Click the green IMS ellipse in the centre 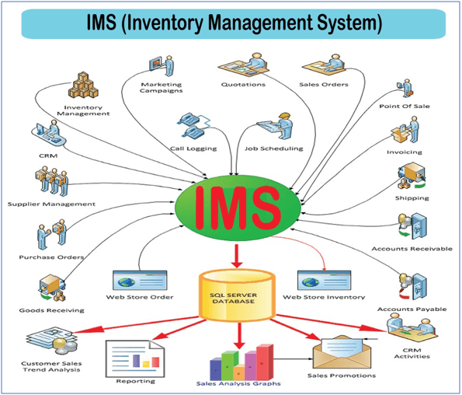238,208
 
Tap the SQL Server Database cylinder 237,295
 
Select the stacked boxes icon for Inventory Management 83,86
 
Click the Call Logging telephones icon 193,124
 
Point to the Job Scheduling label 274,149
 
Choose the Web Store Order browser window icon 140,281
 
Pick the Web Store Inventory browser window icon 324,281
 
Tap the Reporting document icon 135,358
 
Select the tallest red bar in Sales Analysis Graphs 265,362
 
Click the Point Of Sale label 405,107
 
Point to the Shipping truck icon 412,176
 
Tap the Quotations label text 243,85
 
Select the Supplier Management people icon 52,181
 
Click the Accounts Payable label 412,309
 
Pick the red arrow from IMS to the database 237,256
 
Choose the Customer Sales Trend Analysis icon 52,341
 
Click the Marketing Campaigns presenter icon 162,66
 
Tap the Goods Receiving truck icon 52,288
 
